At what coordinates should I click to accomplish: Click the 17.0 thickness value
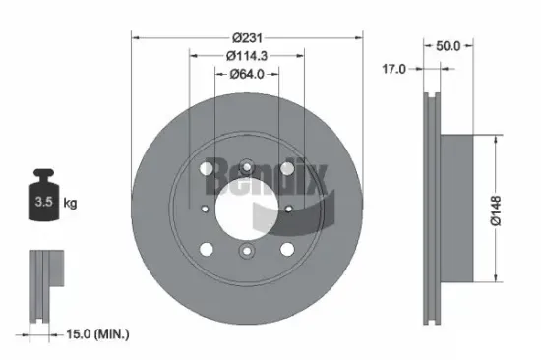pyautogui.click(x=394, y=69)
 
